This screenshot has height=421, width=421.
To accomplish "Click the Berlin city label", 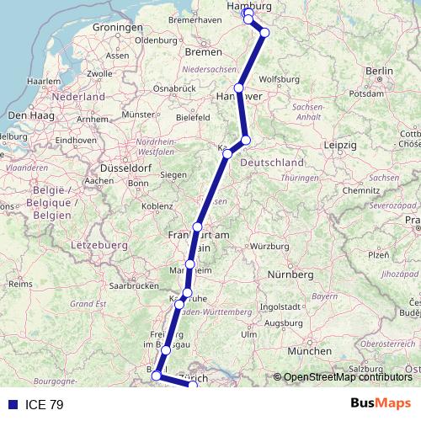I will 381,71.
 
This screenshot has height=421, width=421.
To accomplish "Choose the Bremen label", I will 202,52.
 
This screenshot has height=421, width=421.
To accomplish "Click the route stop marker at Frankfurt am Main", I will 197,227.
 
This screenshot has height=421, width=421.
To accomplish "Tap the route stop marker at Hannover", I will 239,88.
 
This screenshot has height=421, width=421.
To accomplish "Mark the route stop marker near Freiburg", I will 167,349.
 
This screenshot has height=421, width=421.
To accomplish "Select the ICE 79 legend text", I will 44,404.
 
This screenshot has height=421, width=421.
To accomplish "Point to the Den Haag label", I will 26,114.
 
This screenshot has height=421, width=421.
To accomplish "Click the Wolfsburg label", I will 279,80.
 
